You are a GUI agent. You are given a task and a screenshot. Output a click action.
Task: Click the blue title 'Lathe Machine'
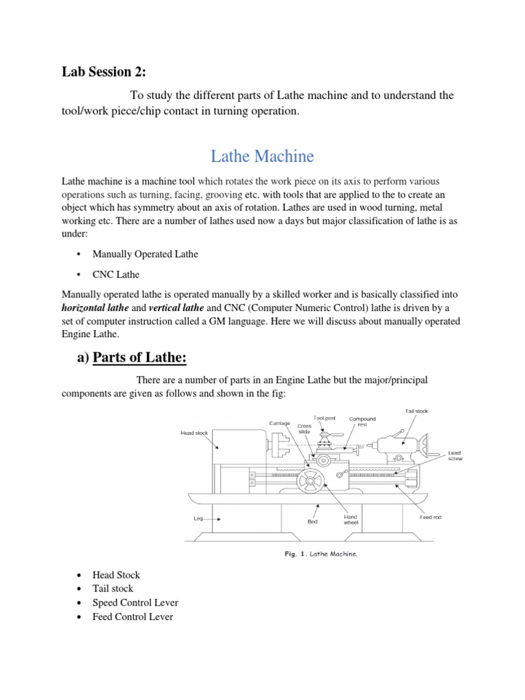(262, 157)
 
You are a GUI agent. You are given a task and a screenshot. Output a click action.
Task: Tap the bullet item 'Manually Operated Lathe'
(147, 254)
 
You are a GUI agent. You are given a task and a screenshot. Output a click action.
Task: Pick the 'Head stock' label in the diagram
(194, 433)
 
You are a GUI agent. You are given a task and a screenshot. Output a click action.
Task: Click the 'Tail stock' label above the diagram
(416, 411)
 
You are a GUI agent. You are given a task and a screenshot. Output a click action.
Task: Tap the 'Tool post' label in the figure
(324, 418)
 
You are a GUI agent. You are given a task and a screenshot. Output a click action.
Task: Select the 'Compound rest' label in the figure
(362, 422)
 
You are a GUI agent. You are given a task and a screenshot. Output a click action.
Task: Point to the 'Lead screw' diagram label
(456, 456)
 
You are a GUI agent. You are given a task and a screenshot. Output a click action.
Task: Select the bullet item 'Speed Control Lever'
(135, 603)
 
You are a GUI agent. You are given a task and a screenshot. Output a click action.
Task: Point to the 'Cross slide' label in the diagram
(304, 429)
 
